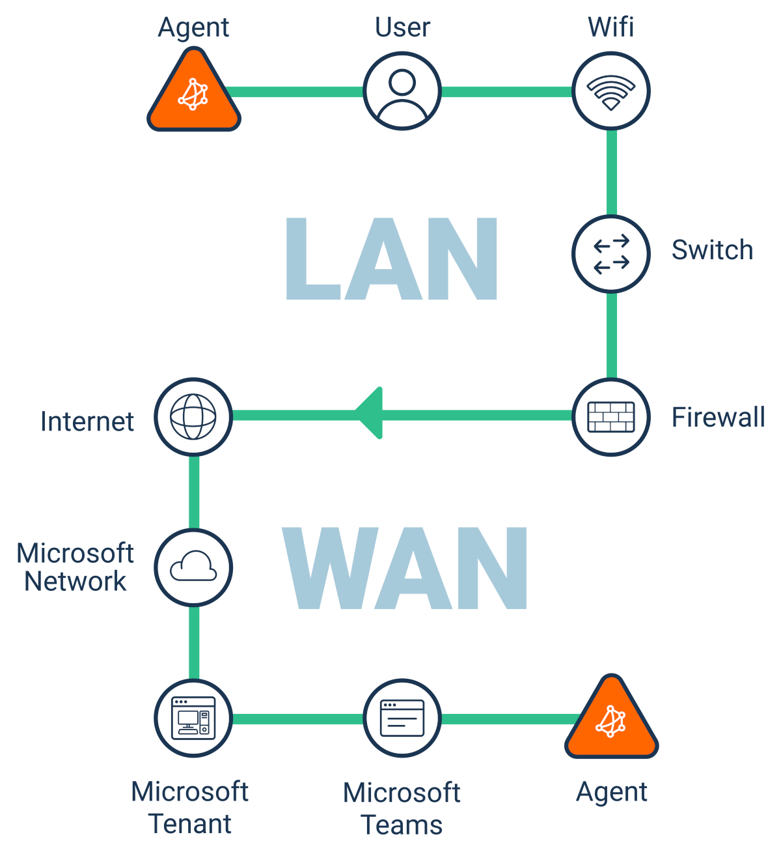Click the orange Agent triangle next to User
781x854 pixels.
tap(193, 94)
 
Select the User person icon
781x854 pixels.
tap(402, 91)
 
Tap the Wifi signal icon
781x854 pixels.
tap(611, 91)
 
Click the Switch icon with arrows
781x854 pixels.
tap(611, 253)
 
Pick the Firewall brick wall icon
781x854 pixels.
tap(611, 417)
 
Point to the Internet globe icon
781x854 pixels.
tap(193, 416)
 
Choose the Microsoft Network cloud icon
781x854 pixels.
tap(193, 567)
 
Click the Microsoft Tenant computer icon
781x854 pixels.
tap(193, 718)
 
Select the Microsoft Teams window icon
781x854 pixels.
tap(402, 718)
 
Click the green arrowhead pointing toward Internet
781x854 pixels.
tap(370, 414)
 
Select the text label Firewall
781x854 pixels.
tap(718, 417)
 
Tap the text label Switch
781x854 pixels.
tap(712, 250)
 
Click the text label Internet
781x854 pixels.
tap(87, 421)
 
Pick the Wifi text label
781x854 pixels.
tap(610, 27)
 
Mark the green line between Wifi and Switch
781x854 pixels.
tap(611, 173)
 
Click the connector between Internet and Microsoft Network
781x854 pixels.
tap(194, 492)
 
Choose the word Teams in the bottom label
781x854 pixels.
tap(402, 825)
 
